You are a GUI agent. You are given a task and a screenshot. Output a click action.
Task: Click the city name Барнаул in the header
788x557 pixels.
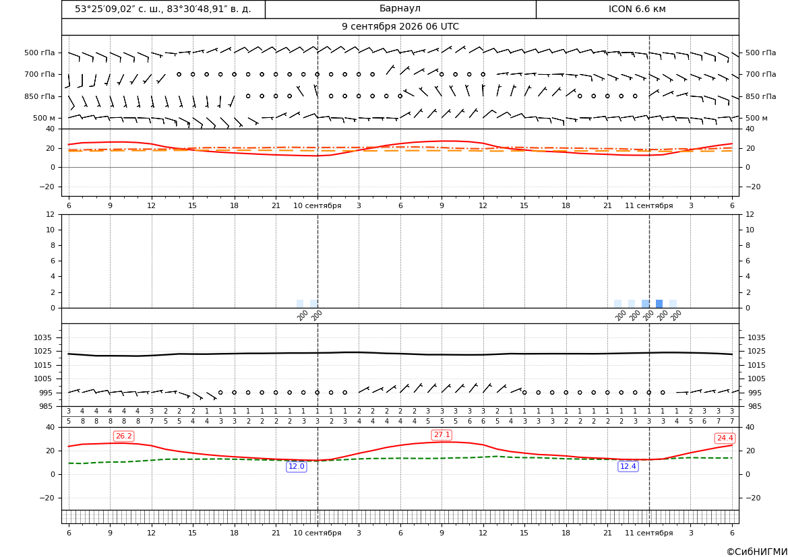pyautogui.click(x=400, y=9)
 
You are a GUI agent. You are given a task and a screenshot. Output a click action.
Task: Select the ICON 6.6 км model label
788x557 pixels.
pyautogui.click(x=637, y=9)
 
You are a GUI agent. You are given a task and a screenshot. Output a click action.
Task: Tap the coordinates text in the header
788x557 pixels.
pyautogui.click(x=163, y=9)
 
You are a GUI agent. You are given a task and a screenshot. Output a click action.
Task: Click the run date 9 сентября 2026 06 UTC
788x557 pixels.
pyautogui.click(x=400, y=27)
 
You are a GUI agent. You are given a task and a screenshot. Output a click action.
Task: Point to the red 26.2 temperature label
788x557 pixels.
pyautogui.click(x=123, y=436)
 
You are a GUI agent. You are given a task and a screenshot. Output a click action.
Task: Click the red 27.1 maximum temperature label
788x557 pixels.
pyautogui.click(x=442, y=435)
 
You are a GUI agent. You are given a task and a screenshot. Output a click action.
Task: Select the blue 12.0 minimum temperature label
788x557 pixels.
pyautogui.click(x=296, y=467)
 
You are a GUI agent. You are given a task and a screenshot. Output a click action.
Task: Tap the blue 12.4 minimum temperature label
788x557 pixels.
pyautogui.click(x=628, y=467)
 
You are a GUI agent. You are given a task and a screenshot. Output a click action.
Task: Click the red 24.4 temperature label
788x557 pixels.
pyautogui.click(x=724, y=438)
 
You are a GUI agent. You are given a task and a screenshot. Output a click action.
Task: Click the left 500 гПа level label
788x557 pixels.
pyautogui.click(x=40, y=53)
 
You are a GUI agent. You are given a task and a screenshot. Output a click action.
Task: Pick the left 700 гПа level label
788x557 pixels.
pyautogui.click(x=40, y=74)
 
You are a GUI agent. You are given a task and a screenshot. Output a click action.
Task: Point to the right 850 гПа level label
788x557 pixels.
pyautogui.click(x=761, y=96)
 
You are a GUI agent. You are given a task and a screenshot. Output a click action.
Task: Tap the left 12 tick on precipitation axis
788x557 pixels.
pyautogui.click(x=51, y=214)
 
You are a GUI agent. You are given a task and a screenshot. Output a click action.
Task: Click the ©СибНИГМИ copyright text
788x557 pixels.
pyautogui.click(x=757, y=552)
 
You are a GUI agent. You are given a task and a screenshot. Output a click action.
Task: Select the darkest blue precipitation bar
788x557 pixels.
pyautogui.click(x=659, y=304)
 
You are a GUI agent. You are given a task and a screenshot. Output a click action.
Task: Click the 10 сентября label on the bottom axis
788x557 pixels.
pyautogui.click(x=317, y=533)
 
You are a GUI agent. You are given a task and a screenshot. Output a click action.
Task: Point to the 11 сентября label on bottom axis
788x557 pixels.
pyautogui.click(x=648, y=533)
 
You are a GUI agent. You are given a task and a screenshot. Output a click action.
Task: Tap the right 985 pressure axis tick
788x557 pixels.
pyautogui.click(x=757, y=406)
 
